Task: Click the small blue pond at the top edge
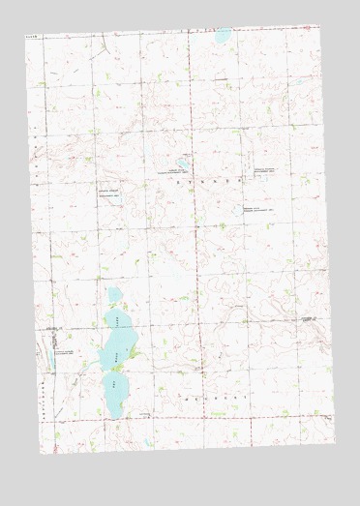point(223,36)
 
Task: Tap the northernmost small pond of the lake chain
point(113,294)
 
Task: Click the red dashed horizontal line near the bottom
point(194,418)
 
